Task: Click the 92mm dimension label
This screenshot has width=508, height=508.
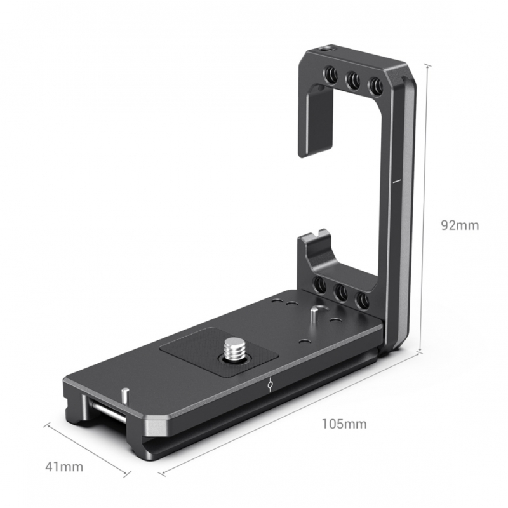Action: (459, 225)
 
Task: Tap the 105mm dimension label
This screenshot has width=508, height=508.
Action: (344, 424)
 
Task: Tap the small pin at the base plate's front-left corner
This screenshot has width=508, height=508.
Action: (125, 394)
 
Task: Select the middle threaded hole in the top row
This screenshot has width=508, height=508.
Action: (353, 81)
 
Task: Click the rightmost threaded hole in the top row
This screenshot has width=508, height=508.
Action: (375, 86)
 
